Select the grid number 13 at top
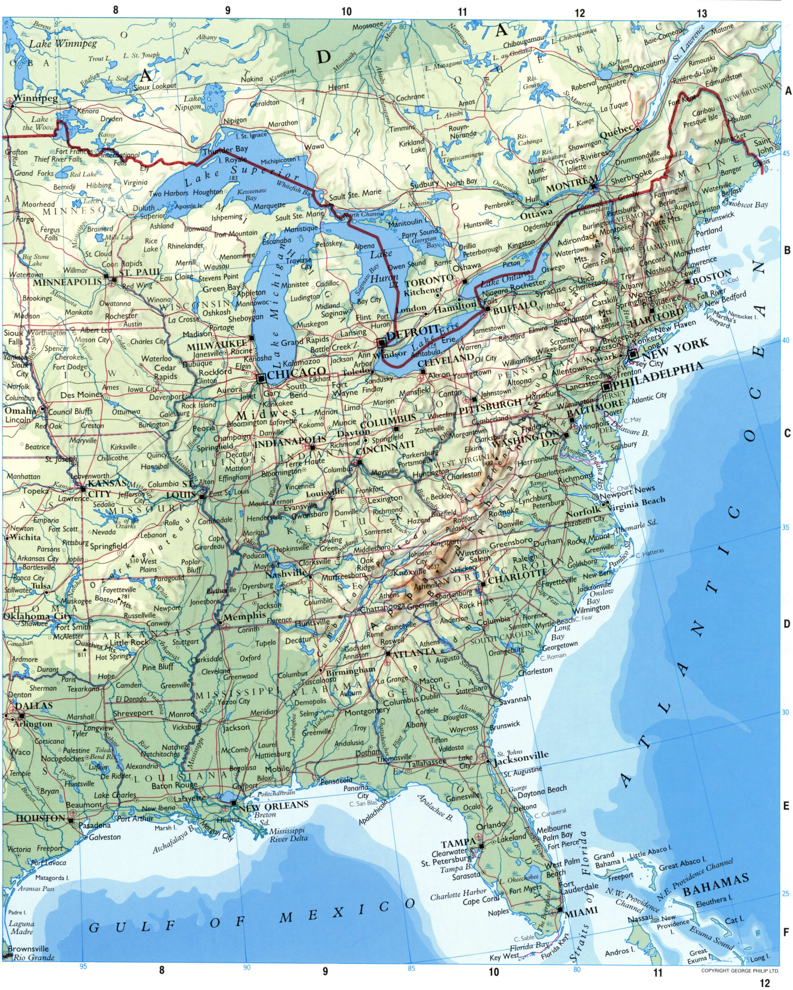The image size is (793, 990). (702, 13)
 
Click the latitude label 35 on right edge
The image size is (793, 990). (786, 528)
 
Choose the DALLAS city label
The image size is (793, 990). (34, 705)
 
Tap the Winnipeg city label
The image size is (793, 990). (35, 98)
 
